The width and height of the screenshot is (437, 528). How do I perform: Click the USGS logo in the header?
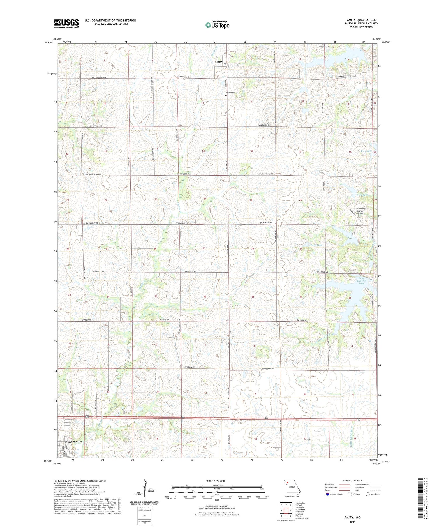click(66, 23)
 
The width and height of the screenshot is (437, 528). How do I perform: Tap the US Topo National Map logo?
click(217, 25)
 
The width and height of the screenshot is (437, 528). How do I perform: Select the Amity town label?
click(218, 62)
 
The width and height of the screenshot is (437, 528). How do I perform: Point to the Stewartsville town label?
click(71, 441)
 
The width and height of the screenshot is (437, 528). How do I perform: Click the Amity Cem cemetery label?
click(230, 92)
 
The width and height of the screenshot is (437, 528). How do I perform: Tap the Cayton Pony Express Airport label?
click(360, 211)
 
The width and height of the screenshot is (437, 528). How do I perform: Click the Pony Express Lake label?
click(361, 281)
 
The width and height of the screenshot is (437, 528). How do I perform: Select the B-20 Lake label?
click(316, 245)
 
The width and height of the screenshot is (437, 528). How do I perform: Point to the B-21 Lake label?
click(366, 151)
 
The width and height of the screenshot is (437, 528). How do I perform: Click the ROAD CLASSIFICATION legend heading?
click(353, 481)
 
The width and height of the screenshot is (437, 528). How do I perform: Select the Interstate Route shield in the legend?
click(327, 494)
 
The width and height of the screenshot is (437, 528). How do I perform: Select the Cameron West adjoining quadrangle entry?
click(302, 518)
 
